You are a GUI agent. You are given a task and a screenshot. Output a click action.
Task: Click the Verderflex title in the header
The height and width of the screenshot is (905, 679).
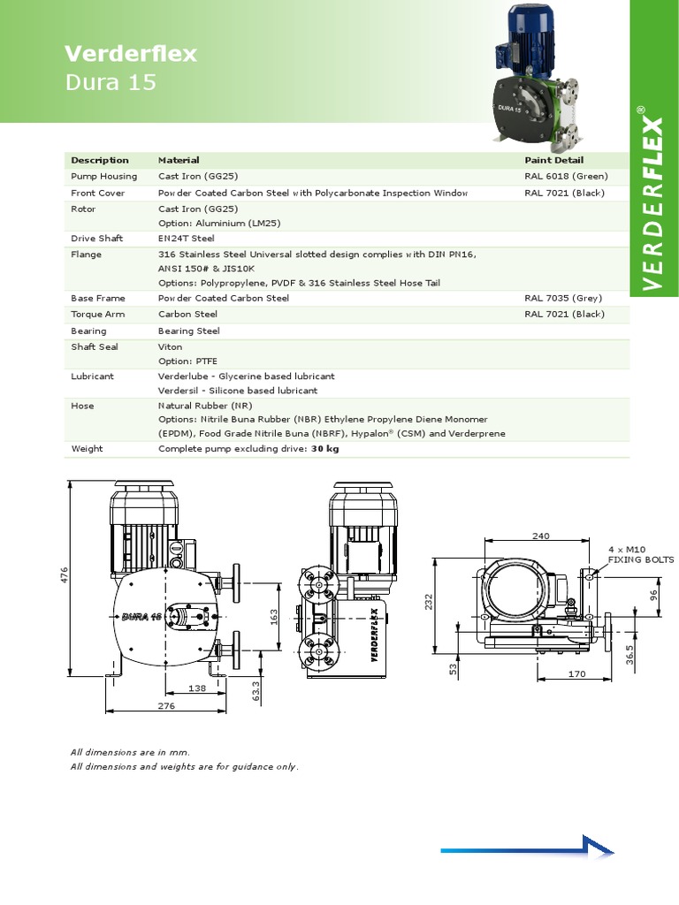click(131, 55)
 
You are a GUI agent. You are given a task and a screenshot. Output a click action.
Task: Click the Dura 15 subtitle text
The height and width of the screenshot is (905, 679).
click(111, 83)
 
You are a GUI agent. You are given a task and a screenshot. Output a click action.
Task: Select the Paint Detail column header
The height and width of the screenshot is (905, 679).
click(553, 160)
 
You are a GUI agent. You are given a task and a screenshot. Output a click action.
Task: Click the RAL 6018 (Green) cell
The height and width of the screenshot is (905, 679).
click(566, 177)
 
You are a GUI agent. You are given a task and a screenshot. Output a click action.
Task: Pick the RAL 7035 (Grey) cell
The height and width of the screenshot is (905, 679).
click(564, 299)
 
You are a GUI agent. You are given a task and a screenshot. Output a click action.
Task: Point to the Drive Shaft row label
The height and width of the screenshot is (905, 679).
click(97, 239)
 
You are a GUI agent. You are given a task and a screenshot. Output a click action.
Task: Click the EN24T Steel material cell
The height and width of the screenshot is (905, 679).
click(186, 239)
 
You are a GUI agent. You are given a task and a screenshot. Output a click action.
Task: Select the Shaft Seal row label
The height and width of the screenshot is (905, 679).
click(95, 347)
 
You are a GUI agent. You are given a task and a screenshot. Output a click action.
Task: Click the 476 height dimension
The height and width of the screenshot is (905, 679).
click(64, 575)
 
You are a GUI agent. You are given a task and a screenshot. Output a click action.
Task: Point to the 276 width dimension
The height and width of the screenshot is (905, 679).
click(166, 706)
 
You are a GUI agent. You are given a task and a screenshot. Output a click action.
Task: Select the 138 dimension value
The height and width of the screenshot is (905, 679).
click(197, 688)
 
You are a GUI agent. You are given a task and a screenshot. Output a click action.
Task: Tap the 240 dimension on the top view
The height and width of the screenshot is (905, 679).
click(541, 536)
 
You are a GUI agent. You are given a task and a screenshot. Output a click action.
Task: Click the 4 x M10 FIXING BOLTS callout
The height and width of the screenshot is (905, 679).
click(640, 554)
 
